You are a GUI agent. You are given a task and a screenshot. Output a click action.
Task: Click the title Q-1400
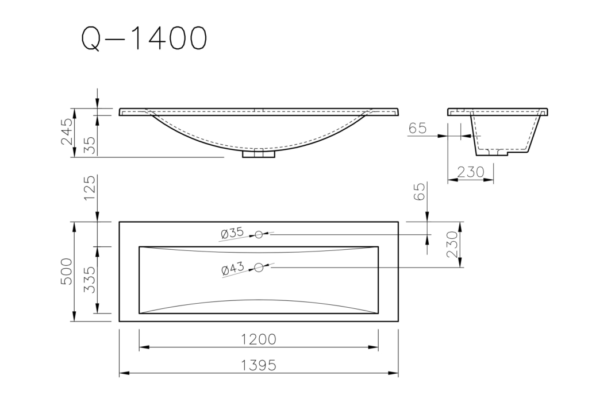coord(144,38)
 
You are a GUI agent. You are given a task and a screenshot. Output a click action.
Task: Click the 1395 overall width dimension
coord(259,365)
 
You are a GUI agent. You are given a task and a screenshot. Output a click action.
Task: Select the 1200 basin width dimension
coord(259,339)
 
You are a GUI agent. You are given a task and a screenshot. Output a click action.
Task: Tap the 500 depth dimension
coord(66,272)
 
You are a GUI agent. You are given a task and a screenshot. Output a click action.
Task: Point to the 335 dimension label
coord(90,280)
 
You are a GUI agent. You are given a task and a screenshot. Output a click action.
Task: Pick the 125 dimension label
coord(90,188)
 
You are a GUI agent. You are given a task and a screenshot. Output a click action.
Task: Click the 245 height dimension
coord(67,131)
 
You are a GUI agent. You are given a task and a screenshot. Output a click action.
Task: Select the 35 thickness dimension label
coord(90,145)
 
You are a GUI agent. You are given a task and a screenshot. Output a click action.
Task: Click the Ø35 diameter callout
coord(232,233)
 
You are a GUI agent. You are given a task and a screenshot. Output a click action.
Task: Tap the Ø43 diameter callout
coord(233,269)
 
